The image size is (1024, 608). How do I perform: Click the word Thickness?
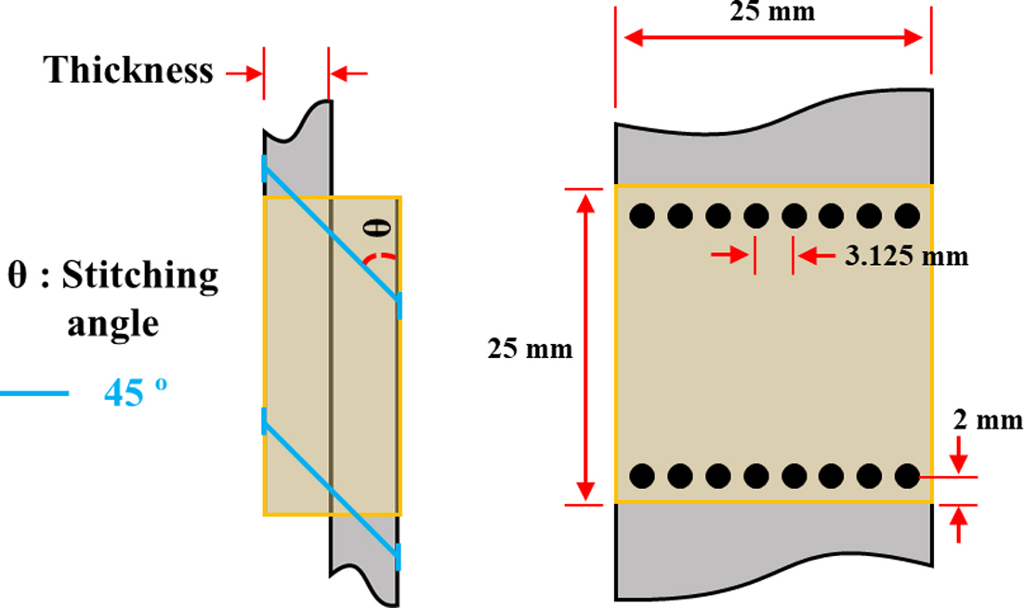pyautogui.click(x=129, y=71)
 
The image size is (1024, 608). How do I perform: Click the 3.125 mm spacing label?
pyautogui.click(x=906, y=257)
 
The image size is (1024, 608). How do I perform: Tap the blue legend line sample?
pyautogui.click(x=33, y=394)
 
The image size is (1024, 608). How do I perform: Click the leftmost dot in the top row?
pyautogui.click(x=640, y=217)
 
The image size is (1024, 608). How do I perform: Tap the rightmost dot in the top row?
pyautogui.click(x=906, y=217)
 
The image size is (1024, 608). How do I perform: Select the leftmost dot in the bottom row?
pyautogui.click(x=640, y=476)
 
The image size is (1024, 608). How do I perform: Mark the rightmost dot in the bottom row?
pyautogui.click(x=906, y=476)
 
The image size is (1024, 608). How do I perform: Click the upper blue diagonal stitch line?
pyautogui.click(x=331, y=233)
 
